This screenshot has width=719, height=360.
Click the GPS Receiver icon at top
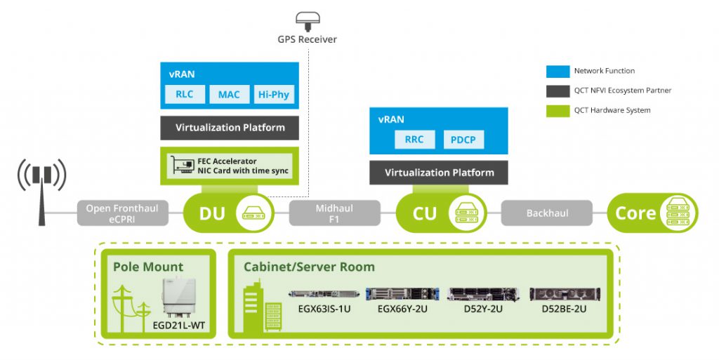coord(306,19)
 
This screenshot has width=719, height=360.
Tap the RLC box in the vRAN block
coord(185,95)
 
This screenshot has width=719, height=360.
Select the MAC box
coord(229,95)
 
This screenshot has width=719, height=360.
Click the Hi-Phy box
coord(273,95)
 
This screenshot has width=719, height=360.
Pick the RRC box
coord(414,140)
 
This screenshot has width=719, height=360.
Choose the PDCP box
coord(463,140)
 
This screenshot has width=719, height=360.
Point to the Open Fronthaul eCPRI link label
coord(122,213)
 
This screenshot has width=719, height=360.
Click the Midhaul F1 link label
coord(334,213)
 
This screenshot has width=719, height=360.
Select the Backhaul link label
coord(547,213)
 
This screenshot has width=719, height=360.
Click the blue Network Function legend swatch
coord(557,71)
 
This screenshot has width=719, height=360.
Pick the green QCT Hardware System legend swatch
coord(557,110)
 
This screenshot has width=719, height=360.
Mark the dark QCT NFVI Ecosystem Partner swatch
coord(557,91)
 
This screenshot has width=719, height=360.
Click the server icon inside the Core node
coord(678,213)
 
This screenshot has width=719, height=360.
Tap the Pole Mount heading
coord(148,267)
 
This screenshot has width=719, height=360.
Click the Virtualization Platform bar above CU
coord(440,172)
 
